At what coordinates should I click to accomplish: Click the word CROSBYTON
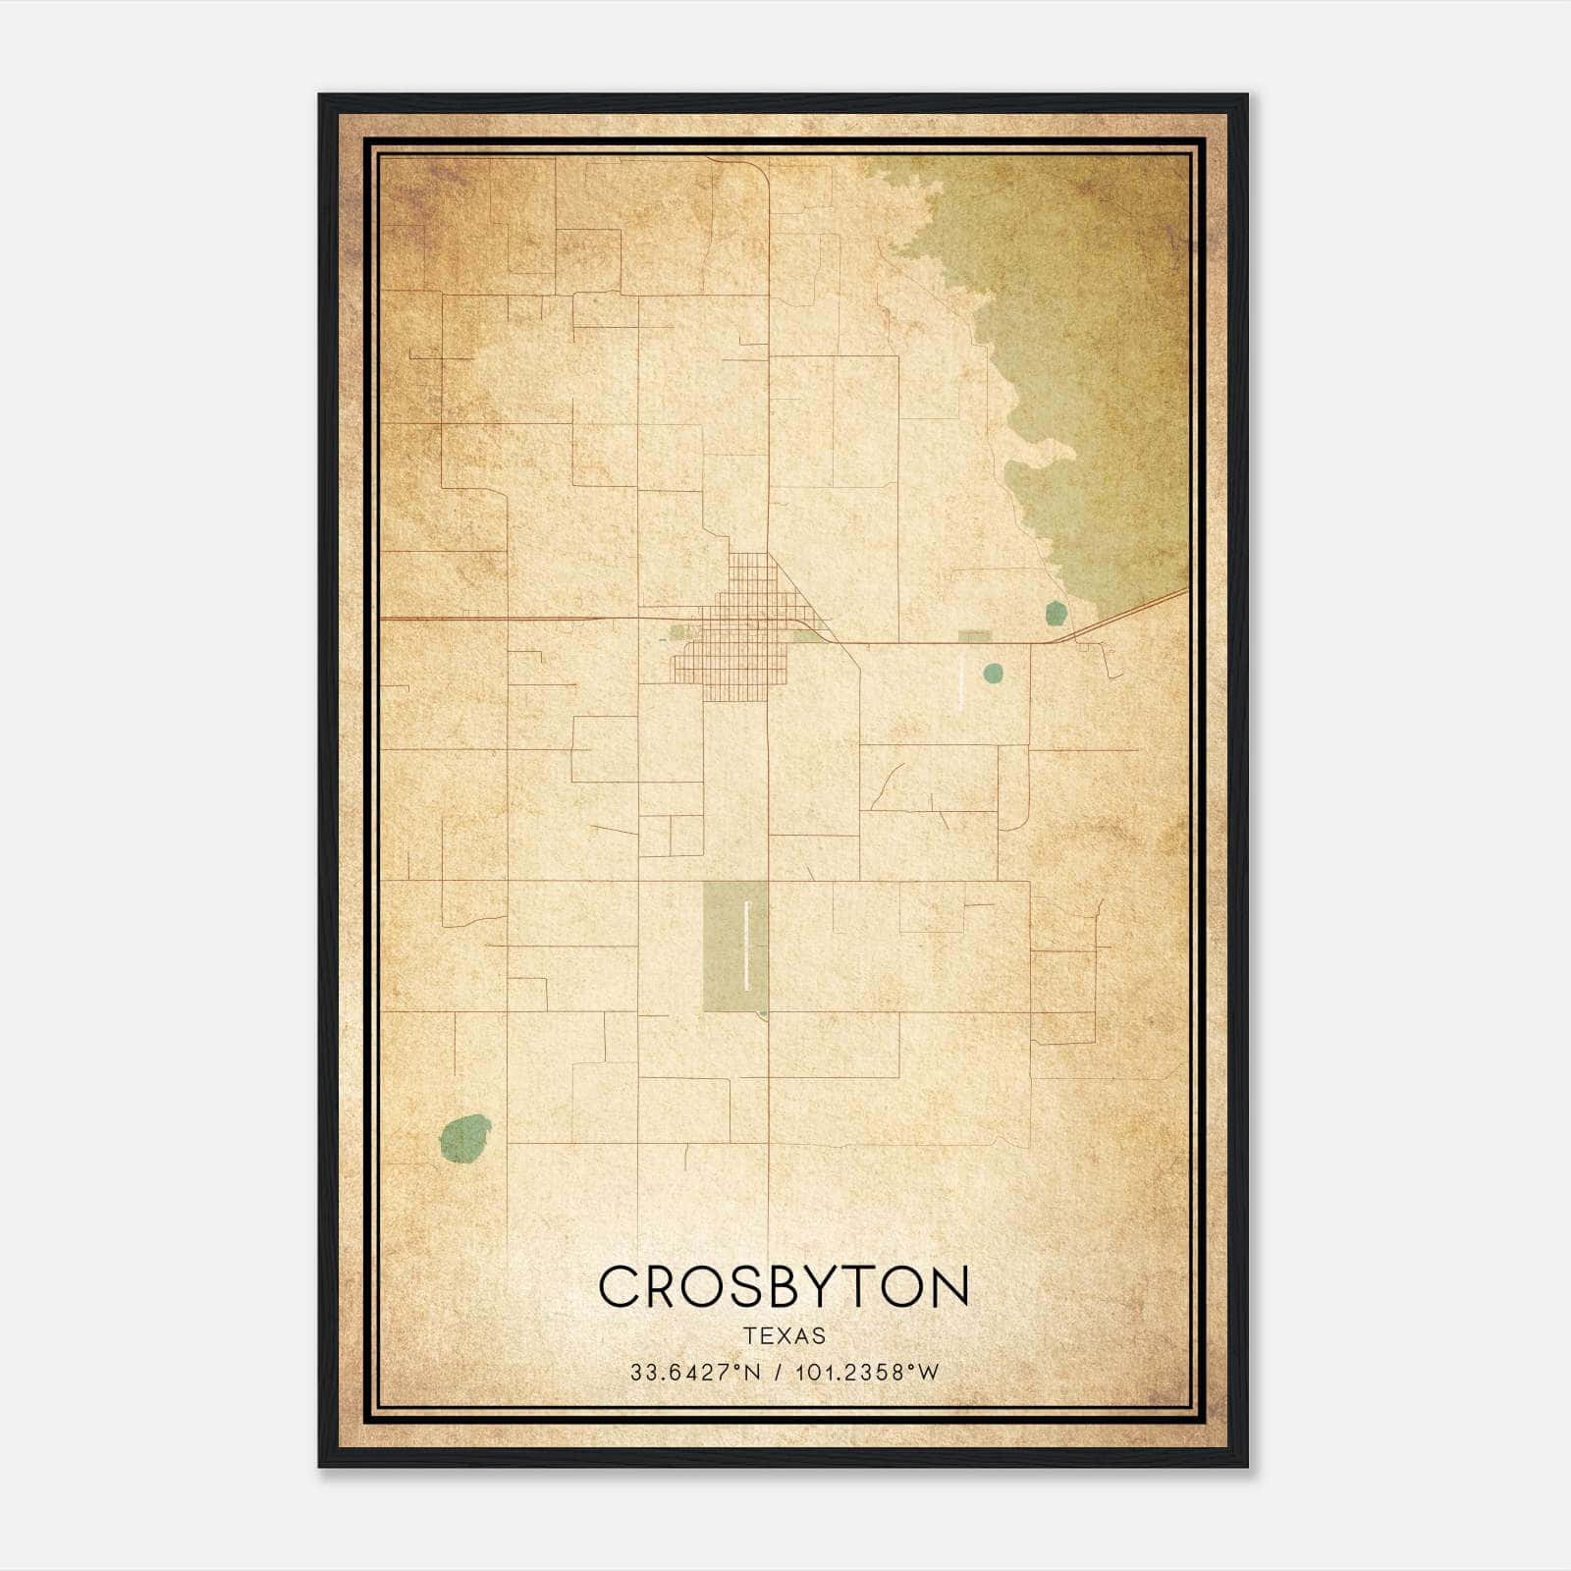pyautogui.click(x=784, y=1286)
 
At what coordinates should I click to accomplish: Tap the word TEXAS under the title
pyautogui.click(x=785, y=1335)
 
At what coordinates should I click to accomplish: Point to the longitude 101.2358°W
pyautogui.click(x=867, y=1372)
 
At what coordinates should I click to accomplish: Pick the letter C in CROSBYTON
pyautogui.click(x=618, y=1286)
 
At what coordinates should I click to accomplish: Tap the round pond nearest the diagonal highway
pyautogui.click(x=1056, y=614)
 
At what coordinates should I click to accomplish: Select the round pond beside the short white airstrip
pyautogui.click(x=993, y=673)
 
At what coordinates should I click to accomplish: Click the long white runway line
pyautogui.click(x=748, y=945)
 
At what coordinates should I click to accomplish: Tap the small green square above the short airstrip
pyautogui.click(x=973, y=636)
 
